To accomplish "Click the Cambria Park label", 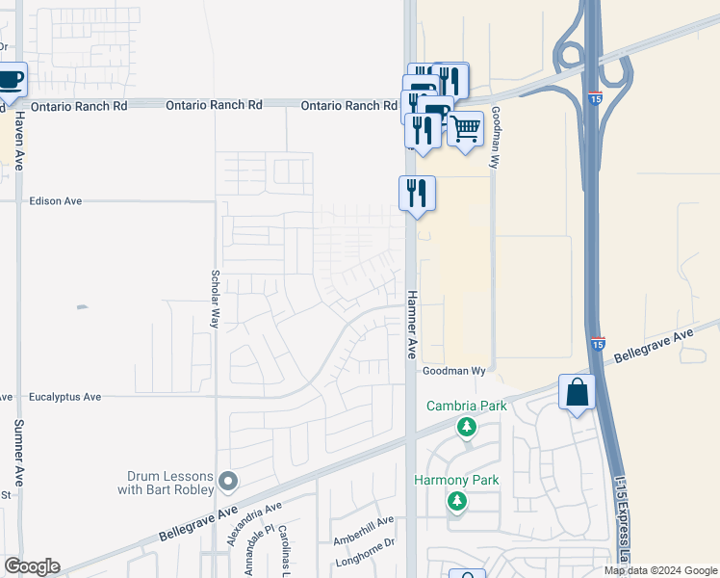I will (x=467, y=407).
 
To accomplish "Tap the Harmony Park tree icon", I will (x=456, y=501).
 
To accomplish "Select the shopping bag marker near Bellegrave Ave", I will (x=577, y=393).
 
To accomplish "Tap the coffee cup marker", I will (x=10, y=81).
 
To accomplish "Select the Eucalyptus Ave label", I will (x=65, y=396).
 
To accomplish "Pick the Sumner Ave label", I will (x=18, y=452).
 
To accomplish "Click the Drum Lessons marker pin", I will (x=227, y=480).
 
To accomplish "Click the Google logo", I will (x=31, y=566).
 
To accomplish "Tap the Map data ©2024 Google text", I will (x=659, y=570).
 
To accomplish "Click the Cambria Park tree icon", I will (x=467, y=426).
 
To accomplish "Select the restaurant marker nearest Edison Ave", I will (x=417, y=193).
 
